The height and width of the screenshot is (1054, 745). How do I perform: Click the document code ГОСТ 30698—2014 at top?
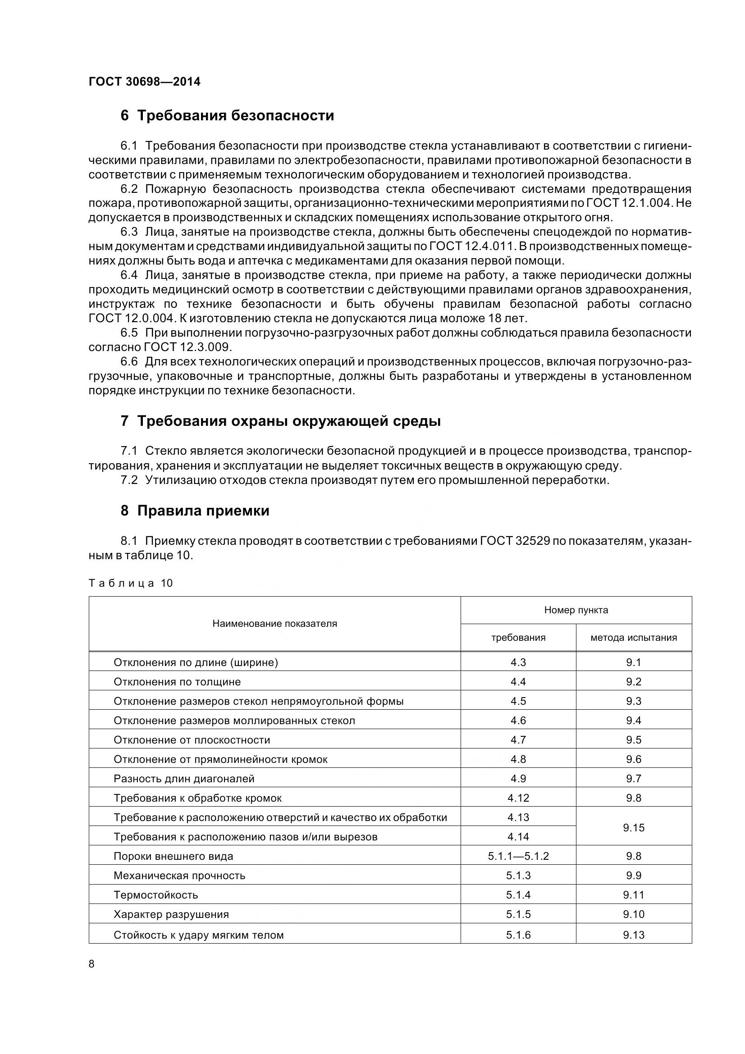[145, 82]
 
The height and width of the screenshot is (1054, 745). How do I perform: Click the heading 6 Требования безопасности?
[227, 115]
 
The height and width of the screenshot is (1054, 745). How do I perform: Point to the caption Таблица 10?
[130, 583]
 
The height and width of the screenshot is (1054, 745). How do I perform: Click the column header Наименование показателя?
[274, 623]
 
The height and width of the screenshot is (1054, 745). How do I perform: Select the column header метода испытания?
[634, 637]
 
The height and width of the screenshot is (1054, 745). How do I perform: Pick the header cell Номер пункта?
[576, 610]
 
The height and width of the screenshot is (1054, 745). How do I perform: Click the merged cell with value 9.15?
[634, 827]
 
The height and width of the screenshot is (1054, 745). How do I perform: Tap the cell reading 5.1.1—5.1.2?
[518, 856]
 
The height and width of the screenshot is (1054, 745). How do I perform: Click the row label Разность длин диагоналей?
[184, 779]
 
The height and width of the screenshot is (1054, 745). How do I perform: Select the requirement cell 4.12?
[518, 798]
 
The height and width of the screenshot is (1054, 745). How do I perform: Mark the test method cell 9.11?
[634, 895]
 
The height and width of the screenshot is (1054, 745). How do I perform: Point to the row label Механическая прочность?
[179, 876]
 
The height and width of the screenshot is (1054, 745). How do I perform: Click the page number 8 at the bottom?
[91, 964]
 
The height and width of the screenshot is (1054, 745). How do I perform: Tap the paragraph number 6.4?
[129, 275]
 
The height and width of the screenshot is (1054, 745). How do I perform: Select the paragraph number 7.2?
[129, 480]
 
